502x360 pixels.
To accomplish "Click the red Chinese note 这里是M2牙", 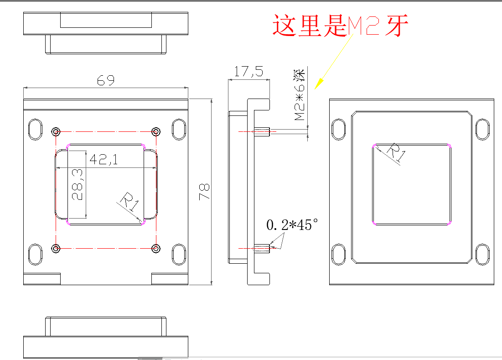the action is pos(340,25).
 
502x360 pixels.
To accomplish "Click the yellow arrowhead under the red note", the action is pos(319,84).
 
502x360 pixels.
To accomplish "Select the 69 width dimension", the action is pos(106,80).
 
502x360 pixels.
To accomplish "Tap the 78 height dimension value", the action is pos(204,192).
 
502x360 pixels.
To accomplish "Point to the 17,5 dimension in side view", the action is pos(248,71).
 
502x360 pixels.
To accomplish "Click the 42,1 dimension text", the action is pos(104,159).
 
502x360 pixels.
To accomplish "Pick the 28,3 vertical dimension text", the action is pos(77,185).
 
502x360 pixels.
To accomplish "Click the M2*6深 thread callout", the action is pos(300,95).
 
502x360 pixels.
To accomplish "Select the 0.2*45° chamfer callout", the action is pos(292,224).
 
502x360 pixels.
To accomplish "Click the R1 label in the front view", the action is pos(129,202).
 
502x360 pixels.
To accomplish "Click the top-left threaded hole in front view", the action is pos(56,132).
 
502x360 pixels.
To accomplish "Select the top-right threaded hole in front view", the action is pos(156,132).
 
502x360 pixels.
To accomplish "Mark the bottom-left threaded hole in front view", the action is pos(56,248).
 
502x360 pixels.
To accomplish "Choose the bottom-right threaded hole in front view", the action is pos(156,248).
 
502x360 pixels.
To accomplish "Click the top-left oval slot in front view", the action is pos(35,130).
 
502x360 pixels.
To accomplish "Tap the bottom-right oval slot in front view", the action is pos(179,254).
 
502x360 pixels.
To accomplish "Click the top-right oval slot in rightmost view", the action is pos(482,130).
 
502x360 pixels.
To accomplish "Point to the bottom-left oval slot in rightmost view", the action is pos(338,254).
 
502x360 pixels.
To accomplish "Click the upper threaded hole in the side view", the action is pos(262,131).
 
